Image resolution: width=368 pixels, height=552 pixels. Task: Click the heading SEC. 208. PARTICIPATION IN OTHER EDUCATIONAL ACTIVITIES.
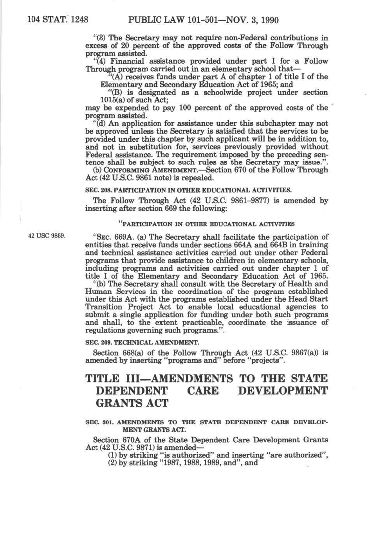pos(188,190)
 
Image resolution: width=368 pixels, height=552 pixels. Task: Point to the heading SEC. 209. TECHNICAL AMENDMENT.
pos(142,342)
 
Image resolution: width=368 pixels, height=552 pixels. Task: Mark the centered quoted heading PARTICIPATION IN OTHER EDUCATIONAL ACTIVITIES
pos(206,224)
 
